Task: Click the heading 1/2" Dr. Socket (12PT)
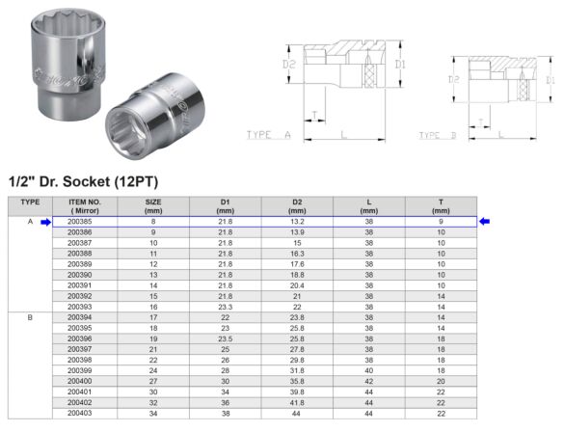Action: (x=82, y=181)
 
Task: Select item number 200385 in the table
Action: (x=81, y=223)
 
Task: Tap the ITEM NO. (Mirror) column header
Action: (x=81, y=205)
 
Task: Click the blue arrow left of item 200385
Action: (x=45, y=223)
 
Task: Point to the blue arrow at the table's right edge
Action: (x=485, y=223)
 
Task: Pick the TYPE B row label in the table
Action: (x=30, y=316)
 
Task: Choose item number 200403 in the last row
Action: (x=81, y=413)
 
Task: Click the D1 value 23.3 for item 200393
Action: (x=225, y=306)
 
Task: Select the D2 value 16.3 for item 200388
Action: (x=297, y=254)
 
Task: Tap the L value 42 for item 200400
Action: (x=369, y=381)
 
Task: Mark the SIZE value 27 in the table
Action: (x=153, y=381)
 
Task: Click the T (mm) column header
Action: (x=441, y=205)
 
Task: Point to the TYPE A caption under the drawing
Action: (x=269, y=136)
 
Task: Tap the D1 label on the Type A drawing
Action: (x=399, y=66)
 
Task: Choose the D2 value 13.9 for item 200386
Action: (x=297, y=233)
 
